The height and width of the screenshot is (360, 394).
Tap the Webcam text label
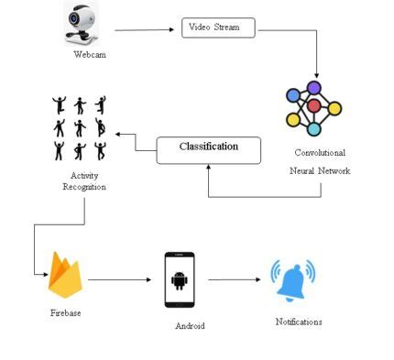pyautogui.click(x=90, y=56)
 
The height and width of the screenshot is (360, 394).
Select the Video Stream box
pyautogui.click(x=218, y=27)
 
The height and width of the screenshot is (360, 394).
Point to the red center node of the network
pyautogui.click(x=313, y=106)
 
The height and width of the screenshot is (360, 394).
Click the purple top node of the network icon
pyautogui.click(x=314, y=88)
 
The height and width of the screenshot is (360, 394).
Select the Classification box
pyautogui.click(x=209, y=147)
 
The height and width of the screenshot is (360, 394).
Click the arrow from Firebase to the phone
pyautogui.click(x=117, y=280)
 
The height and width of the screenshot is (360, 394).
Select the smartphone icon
pyautogui.click(x=181, y=279)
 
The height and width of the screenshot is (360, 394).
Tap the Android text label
pyautogui.click(x=190, y=325)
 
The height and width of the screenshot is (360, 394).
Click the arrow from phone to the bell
pyautogui.click(x=235, y=280)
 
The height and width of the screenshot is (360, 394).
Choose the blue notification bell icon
pyautogui.click(x=292, y=281)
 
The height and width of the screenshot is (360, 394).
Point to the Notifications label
pyautogui.click(x=299, y=322)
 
